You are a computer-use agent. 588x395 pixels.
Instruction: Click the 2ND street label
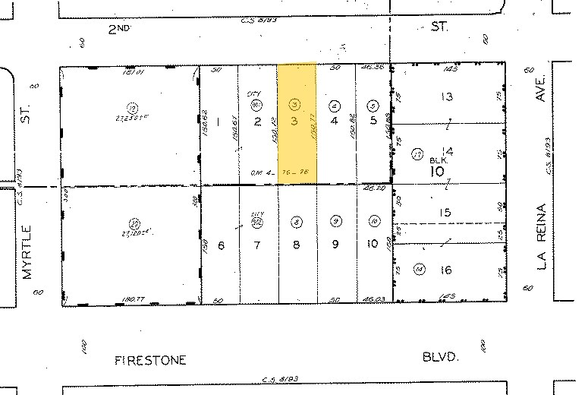(x=118, y=27)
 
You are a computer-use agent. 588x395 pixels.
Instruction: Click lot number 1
(x=217, y=122)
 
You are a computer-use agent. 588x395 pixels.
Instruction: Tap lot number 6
(x=222, y=245)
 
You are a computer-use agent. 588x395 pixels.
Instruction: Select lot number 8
(x=296, y=245)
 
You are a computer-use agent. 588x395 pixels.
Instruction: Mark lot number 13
(x=447, y=96)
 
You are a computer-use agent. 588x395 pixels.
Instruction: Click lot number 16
(x=447, y=271)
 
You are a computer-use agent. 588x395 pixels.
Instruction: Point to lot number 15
(x=445, y=213)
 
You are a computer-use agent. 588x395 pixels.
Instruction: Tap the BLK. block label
(x=439, y=160)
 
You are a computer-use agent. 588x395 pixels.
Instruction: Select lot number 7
(x=257, y=245)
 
